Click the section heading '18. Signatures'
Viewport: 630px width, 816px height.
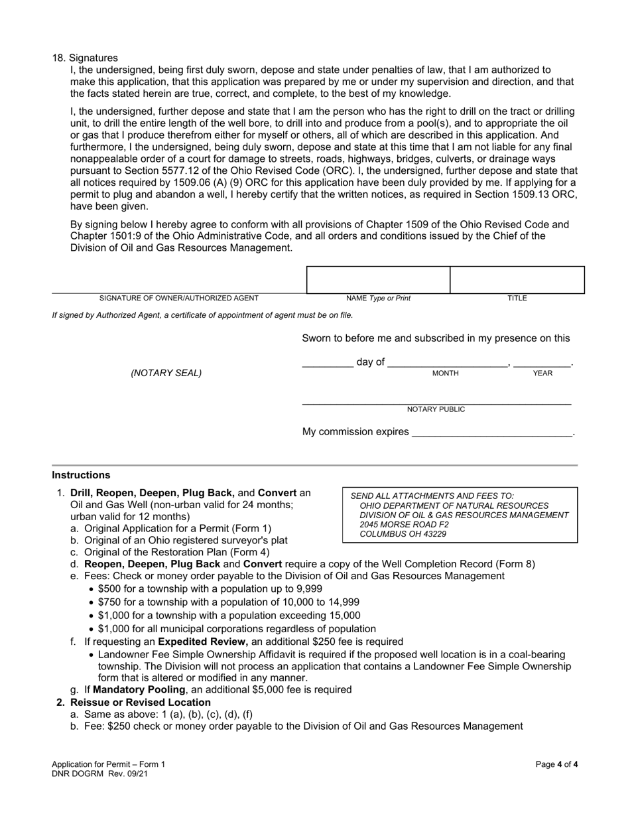(x=85, y=58)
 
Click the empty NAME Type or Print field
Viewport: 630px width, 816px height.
(x=378, y=280)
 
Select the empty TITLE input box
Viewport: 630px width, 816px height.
(x=517, y=280)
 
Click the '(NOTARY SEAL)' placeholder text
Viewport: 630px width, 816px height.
(x=166, y=373)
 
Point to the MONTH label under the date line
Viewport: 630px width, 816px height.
(x=445, y=374)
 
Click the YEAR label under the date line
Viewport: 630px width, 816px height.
(x=542, y=374)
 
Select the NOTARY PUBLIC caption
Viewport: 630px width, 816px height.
(x=436, y=409)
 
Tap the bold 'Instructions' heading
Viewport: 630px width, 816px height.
(x=81, y=475)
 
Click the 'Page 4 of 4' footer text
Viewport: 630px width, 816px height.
(x=556, y=764)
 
